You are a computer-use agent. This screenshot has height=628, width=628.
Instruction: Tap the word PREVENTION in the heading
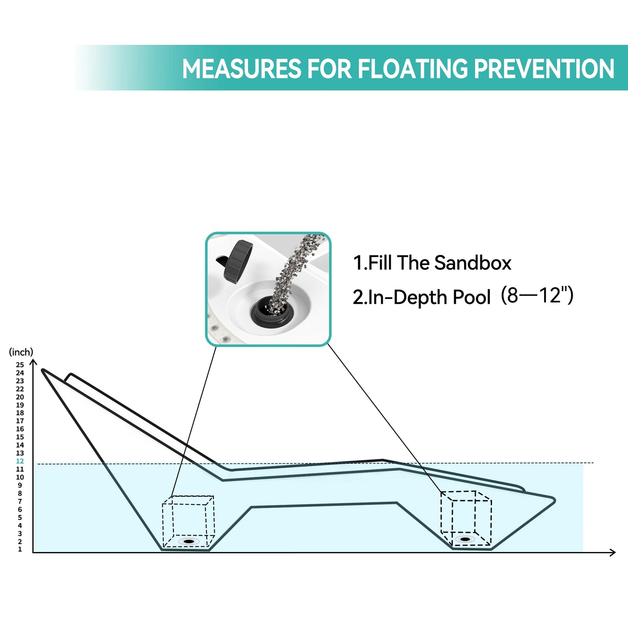tap(544, 68)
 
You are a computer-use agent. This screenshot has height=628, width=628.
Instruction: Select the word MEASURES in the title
tap(242, 68)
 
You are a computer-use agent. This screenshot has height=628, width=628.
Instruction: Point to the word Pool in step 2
tap(472, 297)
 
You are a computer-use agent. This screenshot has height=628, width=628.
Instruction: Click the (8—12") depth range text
tap(537, 296)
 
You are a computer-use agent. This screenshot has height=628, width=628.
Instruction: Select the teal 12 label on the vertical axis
tap(20, 461)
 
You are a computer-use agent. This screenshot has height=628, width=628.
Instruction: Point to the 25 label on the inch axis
tap(20, 365)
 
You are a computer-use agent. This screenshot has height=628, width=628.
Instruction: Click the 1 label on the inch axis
tap(20, 549)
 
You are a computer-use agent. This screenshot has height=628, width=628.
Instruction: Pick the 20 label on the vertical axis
tap(20, 397)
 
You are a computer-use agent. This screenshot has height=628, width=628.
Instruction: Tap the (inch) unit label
tap(21, 352)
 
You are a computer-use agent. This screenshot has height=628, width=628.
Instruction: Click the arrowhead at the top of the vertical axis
tap(33, 361)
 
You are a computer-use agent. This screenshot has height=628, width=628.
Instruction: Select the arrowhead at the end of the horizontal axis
tap(613, 552)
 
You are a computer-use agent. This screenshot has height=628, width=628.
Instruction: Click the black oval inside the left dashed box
tap(189, 542)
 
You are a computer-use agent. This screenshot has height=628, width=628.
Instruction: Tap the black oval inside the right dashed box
tap(465, 539)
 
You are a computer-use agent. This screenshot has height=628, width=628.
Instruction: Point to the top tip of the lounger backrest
tap(43, 370)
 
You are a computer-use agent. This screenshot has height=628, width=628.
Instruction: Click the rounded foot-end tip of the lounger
tap(554, 500)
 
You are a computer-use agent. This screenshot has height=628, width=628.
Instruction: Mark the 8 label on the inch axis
tap(20, 493)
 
